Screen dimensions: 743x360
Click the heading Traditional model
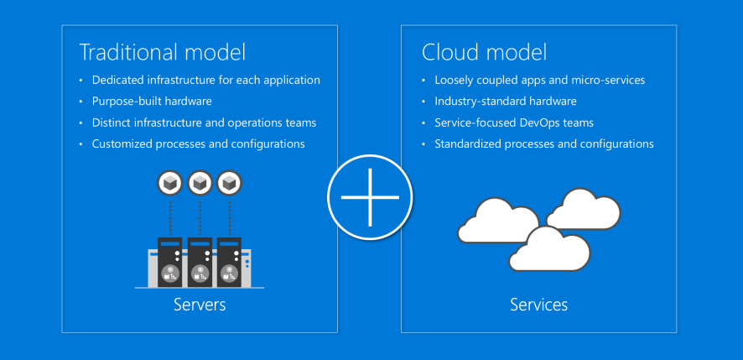pos(163,52)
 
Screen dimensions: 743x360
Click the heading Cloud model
pos(484,52)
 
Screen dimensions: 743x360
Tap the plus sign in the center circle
pos(370,197)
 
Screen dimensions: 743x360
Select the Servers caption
pos(200,304)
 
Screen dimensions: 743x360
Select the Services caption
pos(538,304)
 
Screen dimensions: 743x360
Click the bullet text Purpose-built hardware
pos(152,102)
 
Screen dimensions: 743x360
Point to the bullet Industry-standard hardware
pos(506,101)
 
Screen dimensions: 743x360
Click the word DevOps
pos(537,123)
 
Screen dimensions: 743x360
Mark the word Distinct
pos(112,123)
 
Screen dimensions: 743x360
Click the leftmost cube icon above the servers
pos(170,183)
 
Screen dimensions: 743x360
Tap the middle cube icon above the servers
pos(200,183)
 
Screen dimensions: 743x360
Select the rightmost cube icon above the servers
pos(229,183)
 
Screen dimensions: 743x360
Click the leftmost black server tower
pos(170,263)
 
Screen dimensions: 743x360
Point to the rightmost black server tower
pos(229,263)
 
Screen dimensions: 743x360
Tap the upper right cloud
pos(584,210)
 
